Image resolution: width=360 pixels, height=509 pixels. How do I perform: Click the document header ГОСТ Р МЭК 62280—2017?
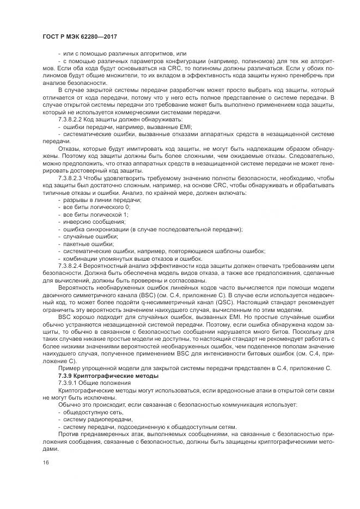coord(80,37)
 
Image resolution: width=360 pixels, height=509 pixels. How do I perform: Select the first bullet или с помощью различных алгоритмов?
coord(125,53)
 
